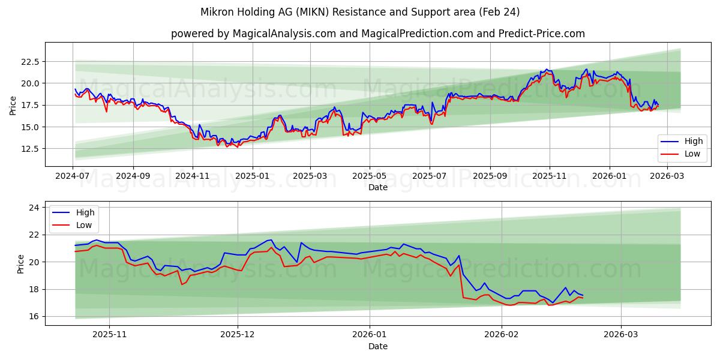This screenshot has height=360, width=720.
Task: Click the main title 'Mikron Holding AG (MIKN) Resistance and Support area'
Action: click(x=360, y=12)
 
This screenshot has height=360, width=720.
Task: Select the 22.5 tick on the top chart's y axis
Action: click(x=29, y=61)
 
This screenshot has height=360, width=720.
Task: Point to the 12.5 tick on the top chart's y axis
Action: click(x=29, y=149)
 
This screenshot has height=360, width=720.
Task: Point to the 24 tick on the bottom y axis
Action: click(x=34, y=208)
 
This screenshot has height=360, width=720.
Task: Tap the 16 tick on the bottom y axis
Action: click(x=34, y=316)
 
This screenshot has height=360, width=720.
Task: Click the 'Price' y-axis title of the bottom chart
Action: click(x=21, y=264)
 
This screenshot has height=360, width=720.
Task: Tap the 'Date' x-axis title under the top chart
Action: click(x=378, y=187)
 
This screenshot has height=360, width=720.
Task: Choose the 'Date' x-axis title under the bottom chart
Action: click(x=378, y=346)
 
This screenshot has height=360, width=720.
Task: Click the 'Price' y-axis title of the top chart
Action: click(x=13, y=106)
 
